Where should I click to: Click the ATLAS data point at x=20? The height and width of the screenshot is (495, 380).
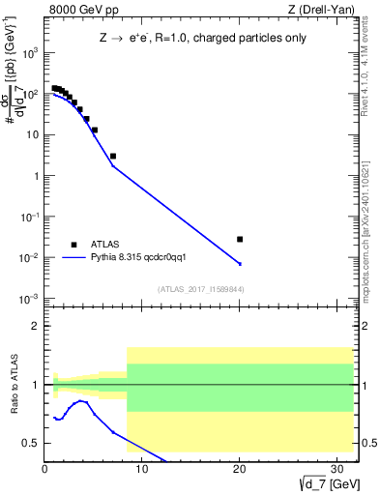pyautogui.click(x=240, y=239)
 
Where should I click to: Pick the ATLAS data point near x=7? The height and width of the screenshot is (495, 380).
pyautogui.click(x=113, y=156)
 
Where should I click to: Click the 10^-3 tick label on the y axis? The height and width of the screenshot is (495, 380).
pyautogui.click(x=31, y=299)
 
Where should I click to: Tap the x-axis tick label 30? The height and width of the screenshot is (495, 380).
pyautogui.click(x=336, y=470)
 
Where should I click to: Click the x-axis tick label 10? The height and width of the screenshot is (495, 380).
pyautogui.click(x=142, y=470)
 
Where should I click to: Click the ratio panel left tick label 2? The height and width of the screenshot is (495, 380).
pyautogui.click(x=36, y=327)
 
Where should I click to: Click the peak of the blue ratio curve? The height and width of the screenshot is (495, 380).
pyautogui.click(x=83, y=400)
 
